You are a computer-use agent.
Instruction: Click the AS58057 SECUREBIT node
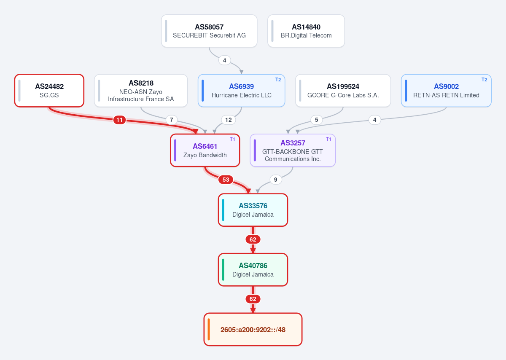[209, 31]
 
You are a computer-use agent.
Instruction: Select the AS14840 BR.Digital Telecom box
[306, 31]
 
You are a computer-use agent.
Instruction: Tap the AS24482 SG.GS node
[49, 91]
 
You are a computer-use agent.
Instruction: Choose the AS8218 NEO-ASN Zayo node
[141, 91]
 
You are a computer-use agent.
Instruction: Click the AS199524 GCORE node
[343, 91]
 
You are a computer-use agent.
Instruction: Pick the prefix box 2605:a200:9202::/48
[253, 329]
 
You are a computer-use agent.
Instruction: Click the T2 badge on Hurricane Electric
[278, 80]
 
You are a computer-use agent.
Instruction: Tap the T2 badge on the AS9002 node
[484, 80]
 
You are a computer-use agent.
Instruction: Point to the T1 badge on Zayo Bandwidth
[232, 139]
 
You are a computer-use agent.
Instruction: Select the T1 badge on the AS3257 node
[328, 139]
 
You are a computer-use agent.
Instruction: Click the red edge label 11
[119, 120]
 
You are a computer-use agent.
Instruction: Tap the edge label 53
[226, 180]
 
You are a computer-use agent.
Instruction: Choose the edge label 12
[229, 120]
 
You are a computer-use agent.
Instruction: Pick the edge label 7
[172, 120]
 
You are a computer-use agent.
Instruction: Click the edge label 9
[276, 180]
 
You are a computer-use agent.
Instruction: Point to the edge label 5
[317, 120]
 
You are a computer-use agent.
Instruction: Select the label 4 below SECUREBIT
[224, 60]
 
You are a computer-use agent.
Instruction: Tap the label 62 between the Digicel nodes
[253, 239]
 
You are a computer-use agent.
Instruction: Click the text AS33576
[253, 206]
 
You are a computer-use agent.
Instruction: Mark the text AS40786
[253, 266]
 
